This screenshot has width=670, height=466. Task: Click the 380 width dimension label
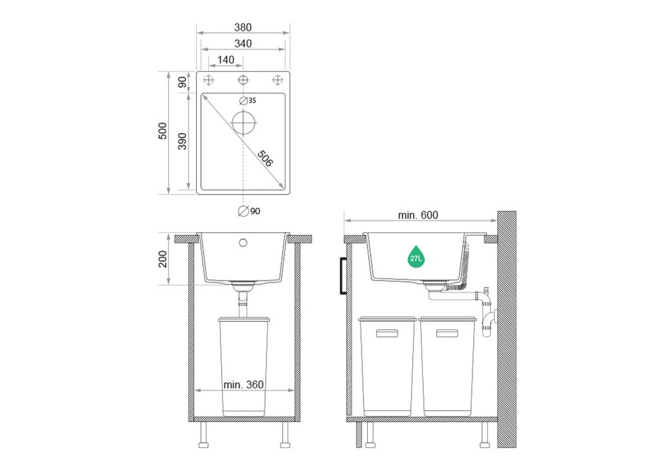[x=243, y=27]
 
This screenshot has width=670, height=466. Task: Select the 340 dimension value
[x=243, y=43]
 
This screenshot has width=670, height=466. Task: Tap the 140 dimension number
[x=225, y=60]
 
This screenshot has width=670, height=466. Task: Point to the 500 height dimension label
[x=163, y=130]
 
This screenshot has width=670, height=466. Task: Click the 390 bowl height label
[x=182, y=142]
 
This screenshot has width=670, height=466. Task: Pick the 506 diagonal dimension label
[x=265, y=158]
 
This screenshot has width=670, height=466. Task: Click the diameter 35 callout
[x=248, y=100]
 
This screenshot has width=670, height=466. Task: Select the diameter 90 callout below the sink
[x=249, y=211]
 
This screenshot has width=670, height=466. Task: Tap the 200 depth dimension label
[x=163, y=259]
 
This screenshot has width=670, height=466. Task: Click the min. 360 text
[x=244, y=384]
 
